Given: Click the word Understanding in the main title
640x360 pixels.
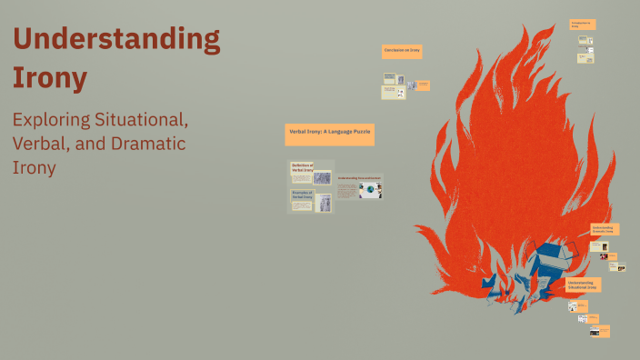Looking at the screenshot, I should [x=116, y=41].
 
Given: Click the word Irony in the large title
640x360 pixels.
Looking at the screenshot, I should [x=50, y=78].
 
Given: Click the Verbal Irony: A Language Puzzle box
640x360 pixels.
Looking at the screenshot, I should [x=330, y=133].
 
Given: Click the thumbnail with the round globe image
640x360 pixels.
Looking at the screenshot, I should [x=371, y=190].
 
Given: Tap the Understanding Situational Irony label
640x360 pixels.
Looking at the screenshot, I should [x=581, y=285].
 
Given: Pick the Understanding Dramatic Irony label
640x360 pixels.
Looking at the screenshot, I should [x=605, y=229].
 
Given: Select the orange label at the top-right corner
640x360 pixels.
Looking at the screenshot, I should [x=582, y=24].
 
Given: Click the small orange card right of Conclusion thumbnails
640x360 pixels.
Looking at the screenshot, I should [x=424, y=85].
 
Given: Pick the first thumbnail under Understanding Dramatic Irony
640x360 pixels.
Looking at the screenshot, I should [x=597, y=246].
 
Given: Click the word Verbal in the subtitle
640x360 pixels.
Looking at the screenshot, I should [x=37, y=144].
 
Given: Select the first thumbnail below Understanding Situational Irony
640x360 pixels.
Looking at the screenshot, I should [x=575, y=306].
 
